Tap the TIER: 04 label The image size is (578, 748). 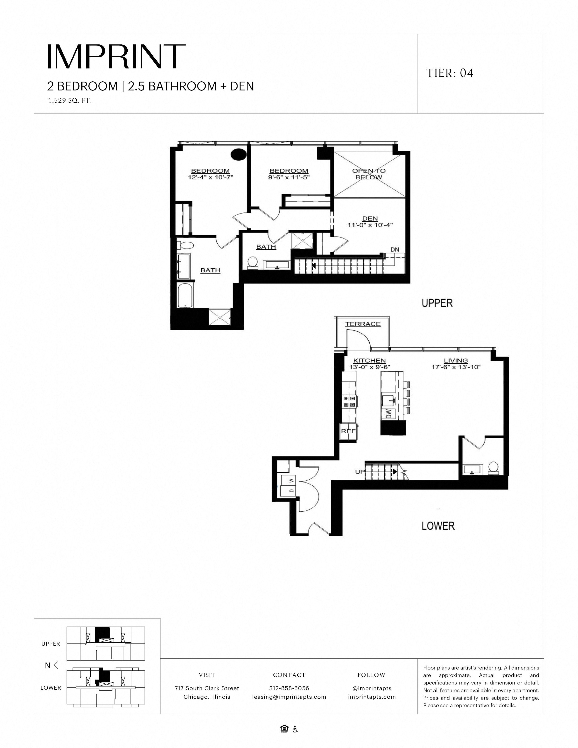point(450,73)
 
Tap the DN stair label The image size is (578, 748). point(395,250)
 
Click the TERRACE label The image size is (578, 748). point(363,324)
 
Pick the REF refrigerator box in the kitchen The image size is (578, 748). point(348,431)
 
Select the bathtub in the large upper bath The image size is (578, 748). point(185,295)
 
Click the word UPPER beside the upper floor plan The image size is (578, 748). point(437,303)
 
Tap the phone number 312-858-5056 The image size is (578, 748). point(289,688)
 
